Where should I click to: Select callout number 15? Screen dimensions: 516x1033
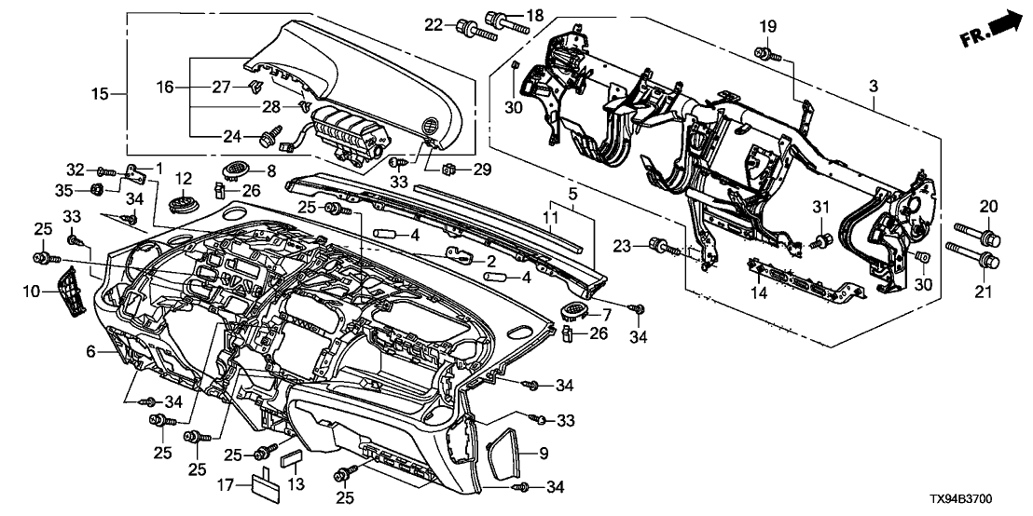[100, 93]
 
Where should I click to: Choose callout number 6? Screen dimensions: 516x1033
[91, 351]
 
